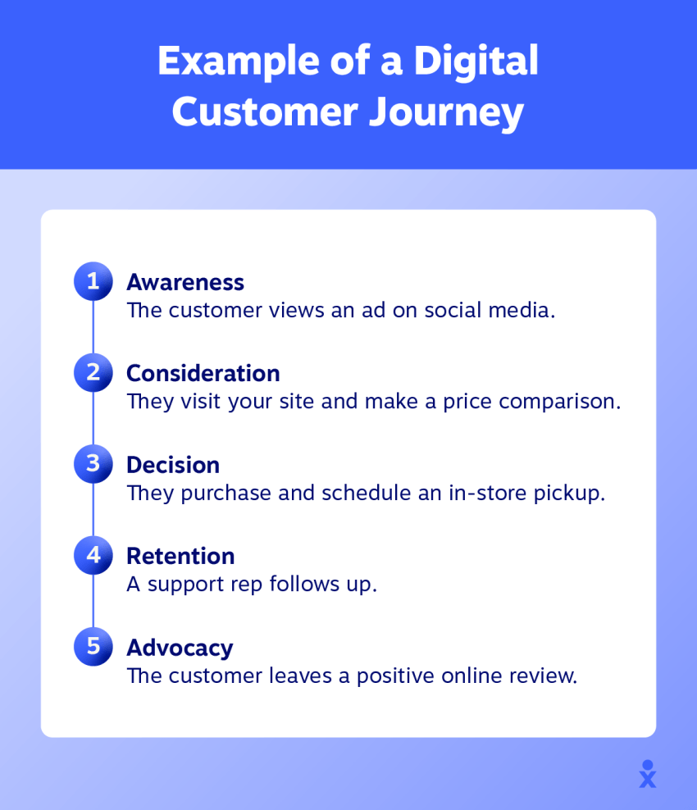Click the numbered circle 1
point(93,281)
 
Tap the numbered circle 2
point(93,372)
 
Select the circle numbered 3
point(93,464)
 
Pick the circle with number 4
point(93,555)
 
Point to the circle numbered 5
point(93,646)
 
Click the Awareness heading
point(185,283)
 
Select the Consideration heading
point(203,374)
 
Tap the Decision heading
point(173,465)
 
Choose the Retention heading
point(181,557)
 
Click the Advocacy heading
point(180,648)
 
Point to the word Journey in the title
point(446,113)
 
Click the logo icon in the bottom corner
point(648,774)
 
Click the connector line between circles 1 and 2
point(93,327)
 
